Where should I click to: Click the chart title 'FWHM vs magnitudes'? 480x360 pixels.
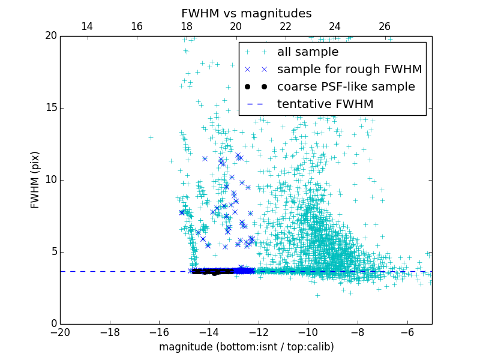point(246,13)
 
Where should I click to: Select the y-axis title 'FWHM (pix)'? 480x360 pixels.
point(35,179)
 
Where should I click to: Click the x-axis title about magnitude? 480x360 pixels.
point(246,347)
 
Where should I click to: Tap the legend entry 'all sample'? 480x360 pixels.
point(308,52)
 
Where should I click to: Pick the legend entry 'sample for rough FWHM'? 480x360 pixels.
point(349,70)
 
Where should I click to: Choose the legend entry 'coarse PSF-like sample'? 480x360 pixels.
point(346,87)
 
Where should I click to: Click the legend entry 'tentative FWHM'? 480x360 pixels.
point(325,104)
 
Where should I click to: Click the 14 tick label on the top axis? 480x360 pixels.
point(86,26)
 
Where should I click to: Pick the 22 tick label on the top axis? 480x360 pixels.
point(285,26)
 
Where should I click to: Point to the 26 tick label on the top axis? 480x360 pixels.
point(385,26)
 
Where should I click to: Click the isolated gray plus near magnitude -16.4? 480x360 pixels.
point(151,137)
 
